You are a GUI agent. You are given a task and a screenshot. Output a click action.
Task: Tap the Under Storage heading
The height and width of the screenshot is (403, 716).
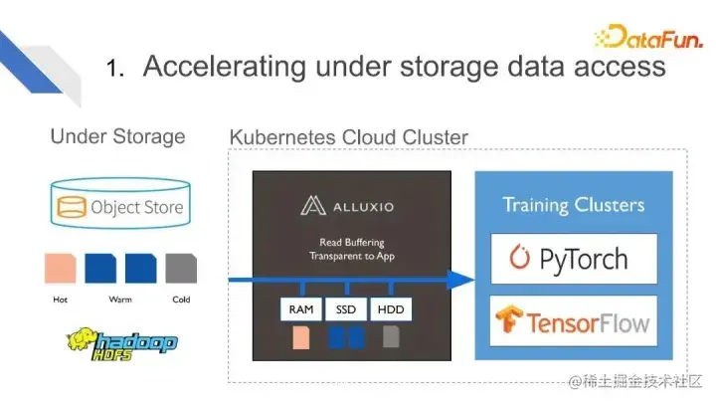(117, 136)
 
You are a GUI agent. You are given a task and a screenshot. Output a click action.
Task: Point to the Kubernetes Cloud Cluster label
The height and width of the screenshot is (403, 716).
(348, 136)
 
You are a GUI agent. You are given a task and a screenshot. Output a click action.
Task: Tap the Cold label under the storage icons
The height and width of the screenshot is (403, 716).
(180, 298)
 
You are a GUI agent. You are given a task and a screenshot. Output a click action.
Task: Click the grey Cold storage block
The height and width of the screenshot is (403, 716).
(181, 268)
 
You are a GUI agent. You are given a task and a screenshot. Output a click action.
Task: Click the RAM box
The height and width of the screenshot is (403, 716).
(300, 309)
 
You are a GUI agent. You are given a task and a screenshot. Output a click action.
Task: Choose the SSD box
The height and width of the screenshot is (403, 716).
(346, 309)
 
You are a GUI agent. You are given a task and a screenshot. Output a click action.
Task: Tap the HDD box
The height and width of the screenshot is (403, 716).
(391, 309)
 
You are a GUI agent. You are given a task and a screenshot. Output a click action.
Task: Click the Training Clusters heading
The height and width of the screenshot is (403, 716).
(573, 206)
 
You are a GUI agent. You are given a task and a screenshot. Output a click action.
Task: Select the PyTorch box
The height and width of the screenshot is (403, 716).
(574, 260)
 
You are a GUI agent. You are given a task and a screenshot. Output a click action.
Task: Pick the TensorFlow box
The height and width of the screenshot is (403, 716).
(574, 321)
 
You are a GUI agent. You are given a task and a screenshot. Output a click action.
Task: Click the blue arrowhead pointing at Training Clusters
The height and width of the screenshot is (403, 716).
(458, 280)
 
